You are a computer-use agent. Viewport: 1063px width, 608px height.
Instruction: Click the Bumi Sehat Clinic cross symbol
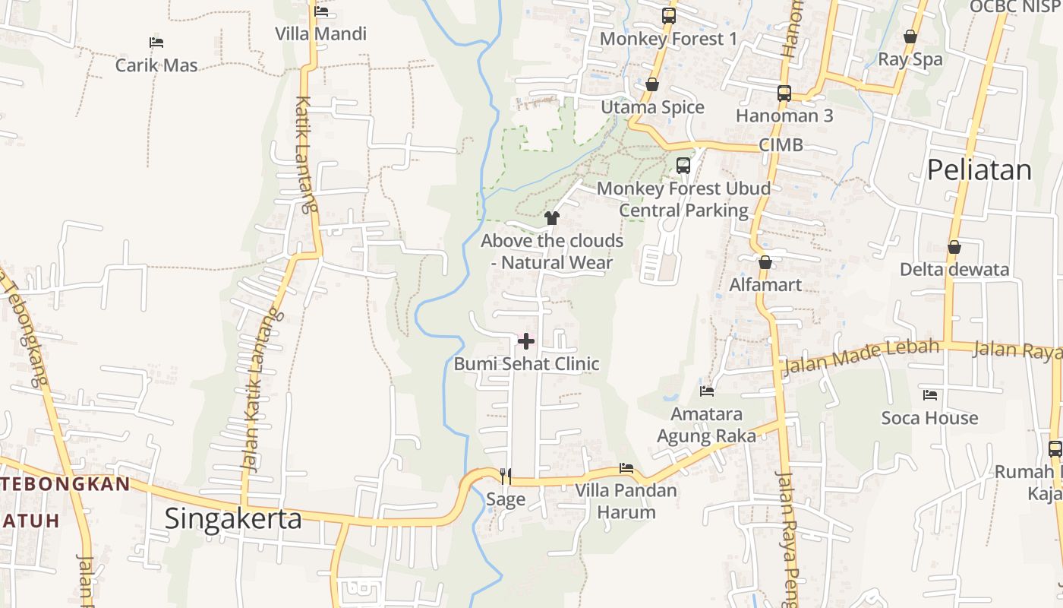click(525, 341)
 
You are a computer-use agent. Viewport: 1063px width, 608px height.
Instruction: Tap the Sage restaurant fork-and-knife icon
click(506, 477)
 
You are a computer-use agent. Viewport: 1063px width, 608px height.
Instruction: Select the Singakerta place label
click(233, 518)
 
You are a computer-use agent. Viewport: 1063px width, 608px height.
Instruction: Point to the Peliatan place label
click(979, 170)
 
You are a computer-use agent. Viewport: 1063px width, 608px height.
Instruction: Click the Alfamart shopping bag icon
click(765, 262)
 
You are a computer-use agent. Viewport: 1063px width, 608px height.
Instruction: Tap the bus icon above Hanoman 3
click(784, 93)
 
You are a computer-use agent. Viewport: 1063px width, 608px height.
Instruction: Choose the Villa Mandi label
click(320, 34)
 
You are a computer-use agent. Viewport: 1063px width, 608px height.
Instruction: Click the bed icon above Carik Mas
click(156, 43)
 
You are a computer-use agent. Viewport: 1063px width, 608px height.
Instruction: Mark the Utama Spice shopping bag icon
click(652, 84)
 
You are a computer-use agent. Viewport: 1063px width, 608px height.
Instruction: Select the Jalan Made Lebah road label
click(861, 356)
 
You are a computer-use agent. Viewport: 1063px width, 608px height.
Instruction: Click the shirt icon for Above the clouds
click(552, 218)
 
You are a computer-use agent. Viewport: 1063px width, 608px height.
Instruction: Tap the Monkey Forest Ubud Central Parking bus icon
click(683, 166)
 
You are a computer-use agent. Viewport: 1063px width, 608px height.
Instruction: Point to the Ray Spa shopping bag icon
click(910, 36)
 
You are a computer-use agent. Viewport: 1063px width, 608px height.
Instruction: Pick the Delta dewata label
click(954, 270)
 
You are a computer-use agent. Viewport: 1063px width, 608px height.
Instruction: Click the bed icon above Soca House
click(930, 395)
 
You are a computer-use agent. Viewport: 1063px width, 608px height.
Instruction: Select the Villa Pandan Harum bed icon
click(626, 468)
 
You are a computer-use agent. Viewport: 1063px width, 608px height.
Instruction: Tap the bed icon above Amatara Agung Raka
click(707, 391)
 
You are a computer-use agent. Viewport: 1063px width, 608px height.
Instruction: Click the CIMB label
click(781, 145)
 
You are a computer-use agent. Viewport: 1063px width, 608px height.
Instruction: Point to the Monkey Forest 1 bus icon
click(668, 15)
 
